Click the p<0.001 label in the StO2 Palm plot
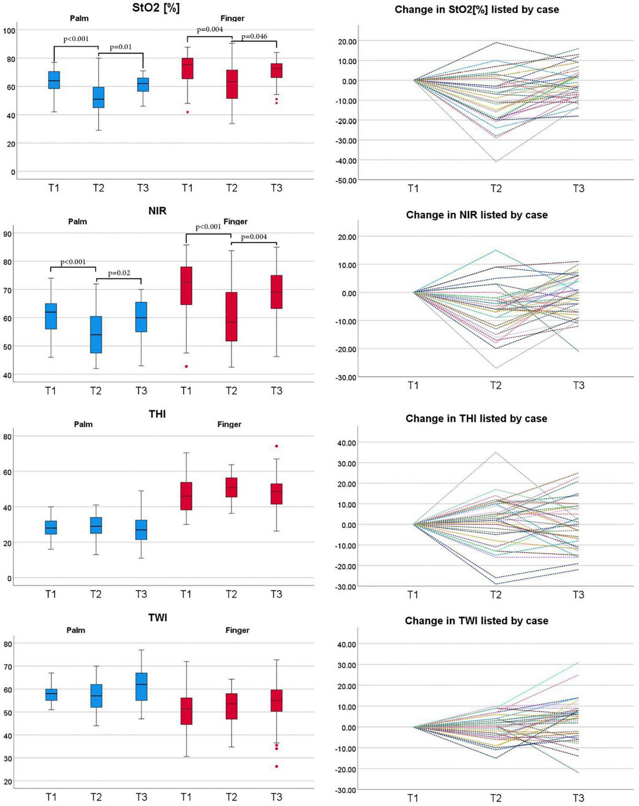tap(76, 39)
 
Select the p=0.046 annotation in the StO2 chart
tap(254, 36)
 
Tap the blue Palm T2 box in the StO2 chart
tap(98, 97)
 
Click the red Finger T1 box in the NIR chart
tap(186, 286)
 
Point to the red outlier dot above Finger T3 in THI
tap(276, 446)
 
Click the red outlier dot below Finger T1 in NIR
tap(186, 367)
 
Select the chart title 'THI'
tap(157, 414)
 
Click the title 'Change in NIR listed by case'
tap(477, 215)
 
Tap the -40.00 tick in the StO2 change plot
tap(347, 161)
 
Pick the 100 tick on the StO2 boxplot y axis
tap(9, 31)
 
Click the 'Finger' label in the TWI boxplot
tap(237, 630)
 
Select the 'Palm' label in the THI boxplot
tap(83, 424)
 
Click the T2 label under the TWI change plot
tap(496, 798)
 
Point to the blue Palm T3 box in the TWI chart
tap(141, 686)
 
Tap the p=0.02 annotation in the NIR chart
tap(119, 273)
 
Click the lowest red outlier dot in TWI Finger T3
tap(277, 766)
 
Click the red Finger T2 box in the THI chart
tap(231, 487)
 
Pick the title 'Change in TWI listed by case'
tap(476, 621)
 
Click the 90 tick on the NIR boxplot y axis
tap(8, 234)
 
